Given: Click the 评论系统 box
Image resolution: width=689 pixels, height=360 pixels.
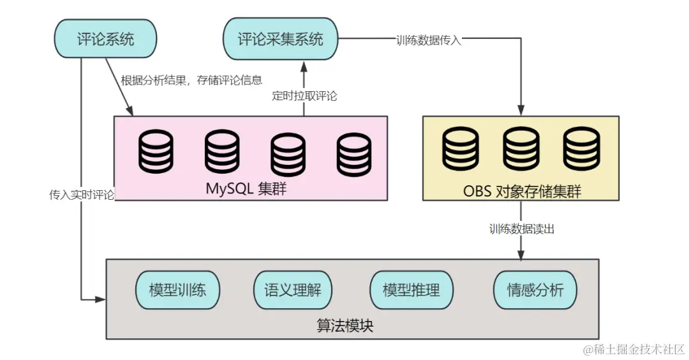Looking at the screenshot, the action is point(105,39).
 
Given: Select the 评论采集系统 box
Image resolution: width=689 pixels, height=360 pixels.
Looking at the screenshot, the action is point(281,39).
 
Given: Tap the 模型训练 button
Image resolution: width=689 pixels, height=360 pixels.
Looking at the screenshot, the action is point(177,290).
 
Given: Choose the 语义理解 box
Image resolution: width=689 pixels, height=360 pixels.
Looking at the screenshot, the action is point(293,290).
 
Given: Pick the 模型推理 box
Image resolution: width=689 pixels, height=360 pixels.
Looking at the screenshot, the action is point(411,290).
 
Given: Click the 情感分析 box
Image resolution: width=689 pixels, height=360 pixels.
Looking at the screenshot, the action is point(535,290).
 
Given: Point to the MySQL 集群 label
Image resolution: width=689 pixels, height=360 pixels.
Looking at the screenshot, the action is point(246,189).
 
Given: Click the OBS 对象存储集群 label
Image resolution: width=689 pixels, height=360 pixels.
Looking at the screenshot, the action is point(522,191).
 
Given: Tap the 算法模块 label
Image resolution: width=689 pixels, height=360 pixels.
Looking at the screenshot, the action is point(345,326).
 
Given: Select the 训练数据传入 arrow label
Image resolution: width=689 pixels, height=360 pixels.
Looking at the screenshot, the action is point(429,40).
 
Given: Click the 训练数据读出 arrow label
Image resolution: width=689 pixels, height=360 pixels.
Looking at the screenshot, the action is point(522,229).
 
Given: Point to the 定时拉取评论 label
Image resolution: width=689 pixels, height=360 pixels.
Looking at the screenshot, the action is point(304,96).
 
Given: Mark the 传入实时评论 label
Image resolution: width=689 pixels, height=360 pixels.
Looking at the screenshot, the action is point(82,195).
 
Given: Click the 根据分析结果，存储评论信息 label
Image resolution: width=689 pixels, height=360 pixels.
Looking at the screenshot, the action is point(191,80).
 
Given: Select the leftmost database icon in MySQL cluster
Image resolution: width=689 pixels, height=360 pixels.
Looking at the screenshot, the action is point(156,152).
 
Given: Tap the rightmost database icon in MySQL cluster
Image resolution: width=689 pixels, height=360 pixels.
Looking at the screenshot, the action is point(354,154).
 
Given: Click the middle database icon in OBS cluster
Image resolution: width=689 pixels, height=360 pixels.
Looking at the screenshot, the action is point(521,149).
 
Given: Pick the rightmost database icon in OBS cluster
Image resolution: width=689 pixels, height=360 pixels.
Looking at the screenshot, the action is point(581,149).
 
